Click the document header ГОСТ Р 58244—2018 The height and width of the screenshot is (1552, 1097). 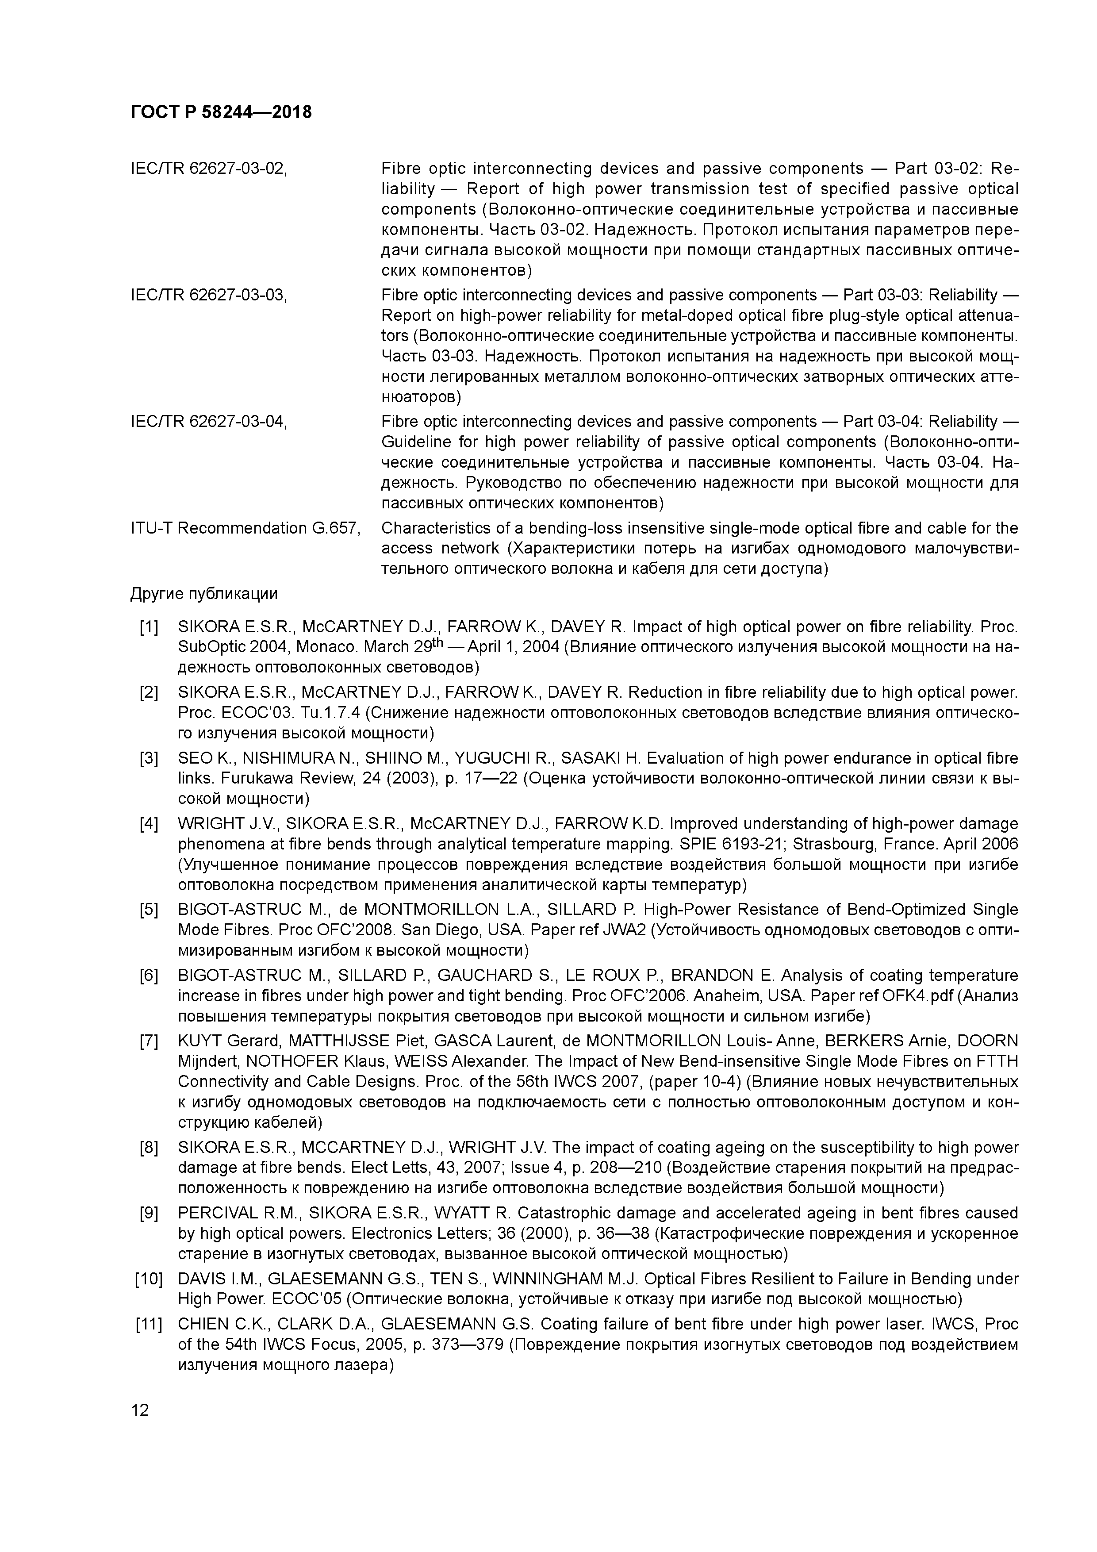(x=221, y=112)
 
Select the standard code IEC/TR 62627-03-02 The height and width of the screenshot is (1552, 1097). (x=209, y=168)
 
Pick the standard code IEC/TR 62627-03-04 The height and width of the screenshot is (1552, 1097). (x=209, y=421)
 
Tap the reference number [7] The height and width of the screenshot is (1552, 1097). (x=149, y=1041)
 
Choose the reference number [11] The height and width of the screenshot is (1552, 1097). (x=149, y=1324)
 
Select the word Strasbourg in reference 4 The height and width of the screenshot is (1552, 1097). (x=828, y=844)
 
